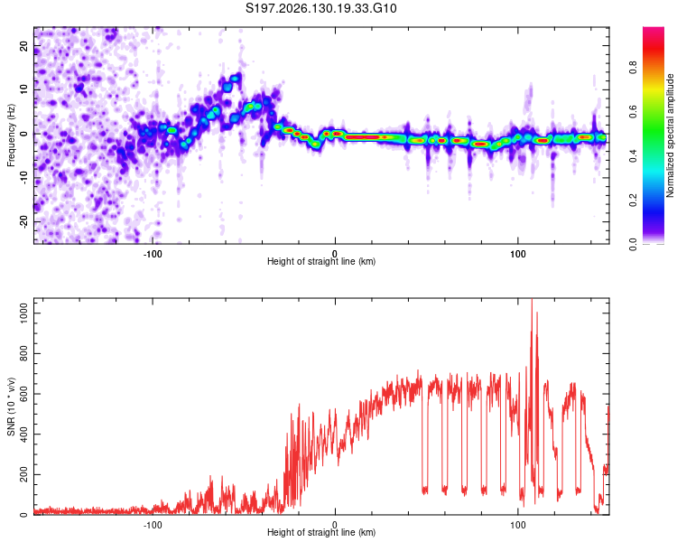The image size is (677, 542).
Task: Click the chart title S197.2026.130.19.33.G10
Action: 320,8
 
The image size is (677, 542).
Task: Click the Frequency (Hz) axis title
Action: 11,135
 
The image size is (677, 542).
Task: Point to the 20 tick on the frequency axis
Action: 24,45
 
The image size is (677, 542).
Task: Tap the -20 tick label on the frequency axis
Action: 24,221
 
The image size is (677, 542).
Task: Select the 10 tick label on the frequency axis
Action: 24,89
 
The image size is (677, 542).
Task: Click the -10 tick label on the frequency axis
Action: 24,178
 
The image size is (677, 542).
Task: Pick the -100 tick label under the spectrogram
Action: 153,254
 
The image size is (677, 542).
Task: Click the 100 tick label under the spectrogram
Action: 518,254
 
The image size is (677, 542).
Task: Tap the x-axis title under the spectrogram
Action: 321,261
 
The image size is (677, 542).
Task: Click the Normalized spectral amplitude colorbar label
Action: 670,135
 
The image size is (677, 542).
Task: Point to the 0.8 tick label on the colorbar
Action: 634,68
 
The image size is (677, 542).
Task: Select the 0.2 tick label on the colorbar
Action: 634,201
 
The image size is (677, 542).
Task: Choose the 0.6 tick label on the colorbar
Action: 634,112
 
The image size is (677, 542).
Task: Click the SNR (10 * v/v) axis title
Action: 11,406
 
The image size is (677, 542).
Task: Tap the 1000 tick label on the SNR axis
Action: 24,313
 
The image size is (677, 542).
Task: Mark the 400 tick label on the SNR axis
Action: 24,434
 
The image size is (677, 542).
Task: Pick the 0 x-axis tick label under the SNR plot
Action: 335,525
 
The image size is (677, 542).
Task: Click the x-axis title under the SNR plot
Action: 321,532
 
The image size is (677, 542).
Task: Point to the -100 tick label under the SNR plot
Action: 153,525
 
